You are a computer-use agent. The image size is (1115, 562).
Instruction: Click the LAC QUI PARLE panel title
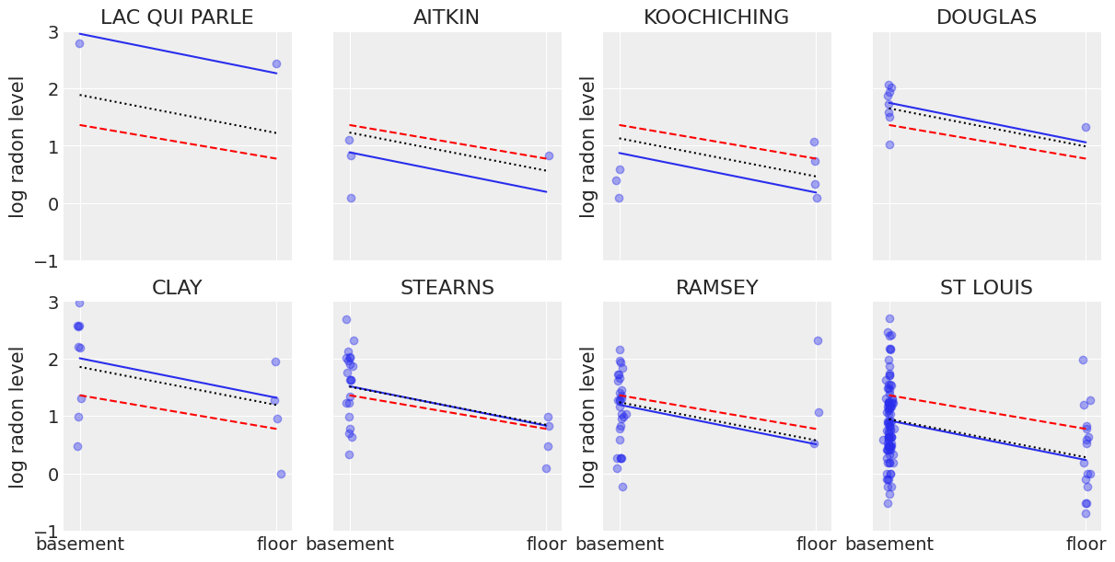[x=177, y=17]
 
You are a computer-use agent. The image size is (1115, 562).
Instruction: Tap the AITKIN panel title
[x=447, y=17]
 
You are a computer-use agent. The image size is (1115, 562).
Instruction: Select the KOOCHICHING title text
[x=715, y=17]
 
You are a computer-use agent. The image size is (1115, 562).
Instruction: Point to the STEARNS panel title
[x=447, y=288]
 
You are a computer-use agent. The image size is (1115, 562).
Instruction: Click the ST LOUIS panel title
[x=986, y=288]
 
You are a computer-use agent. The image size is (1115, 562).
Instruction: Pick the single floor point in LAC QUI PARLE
[x=276, y=63]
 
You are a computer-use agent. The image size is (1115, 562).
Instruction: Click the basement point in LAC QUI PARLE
[x=79, y=43]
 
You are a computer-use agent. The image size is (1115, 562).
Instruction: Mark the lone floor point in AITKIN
[x=549, y=155]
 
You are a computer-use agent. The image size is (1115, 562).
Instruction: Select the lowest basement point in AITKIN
[x=351, y=198]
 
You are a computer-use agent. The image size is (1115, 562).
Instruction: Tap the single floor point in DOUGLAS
[x=1086, y=127]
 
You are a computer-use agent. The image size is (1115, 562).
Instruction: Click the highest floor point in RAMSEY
[x=818, y=340]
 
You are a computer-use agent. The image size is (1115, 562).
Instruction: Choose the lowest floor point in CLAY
[x=281, y=474]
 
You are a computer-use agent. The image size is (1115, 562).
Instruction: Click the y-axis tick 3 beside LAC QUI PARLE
[x=52, y=32]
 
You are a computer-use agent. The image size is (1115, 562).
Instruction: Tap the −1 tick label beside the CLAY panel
[x=46, y=532]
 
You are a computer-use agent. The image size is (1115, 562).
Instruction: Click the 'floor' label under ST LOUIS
[x=1086, y=545]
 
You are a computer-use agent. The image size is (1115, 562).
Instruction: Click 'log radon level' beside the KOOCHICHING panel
[x=588, y=146]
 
